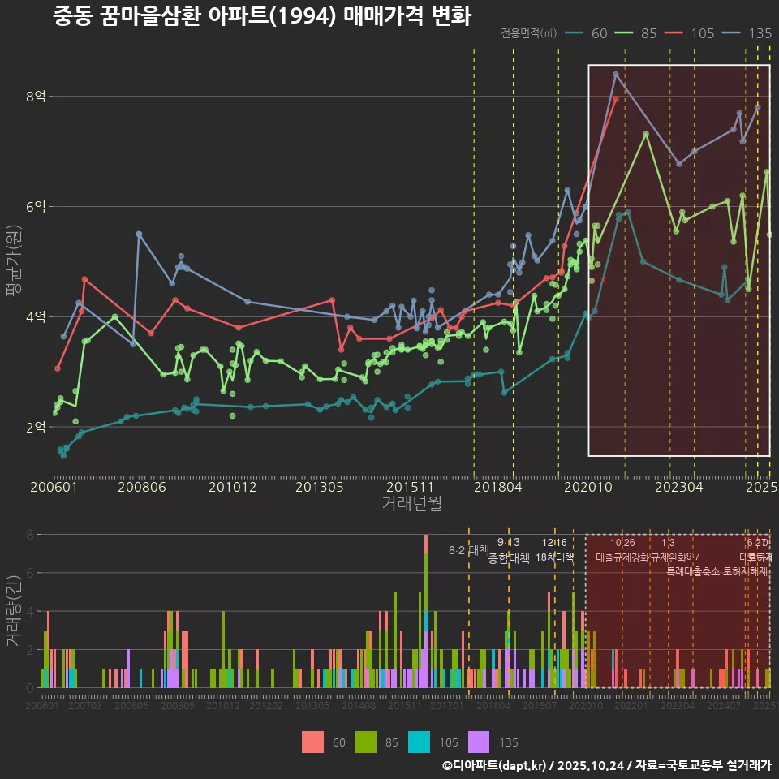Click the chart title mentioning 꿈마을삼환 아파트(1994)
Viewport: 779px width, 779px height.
pyautogui.click(x=262, y=16)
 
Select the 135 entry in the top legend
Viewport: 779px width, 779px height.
pyautogui.click(x=760, y=33)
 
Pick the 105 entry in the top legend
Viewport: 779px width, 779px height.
pyautogui.click(x=702, y=33)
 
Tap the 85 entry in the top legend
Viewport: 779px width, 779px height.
pyautogui.click(x=648, y=33)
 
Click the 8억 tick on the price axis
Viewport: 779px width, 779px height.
pyautogui.click(x=36, y=97)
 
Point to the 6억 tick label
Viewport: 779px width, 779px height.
pyautogui.click(x=36, y=207)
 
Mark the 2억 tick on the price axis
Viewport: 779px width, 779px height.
pyautogui.click(x=36, y=427)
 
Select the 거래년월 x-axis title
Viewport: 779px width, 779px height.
pyautogui.click(x=411, y=504)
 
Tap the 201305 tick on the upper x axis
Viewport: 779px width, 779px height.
pyautogui.click(x=319, y=488)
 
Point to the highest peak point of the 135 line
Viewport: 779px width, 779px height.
pyautogui.click(x=616, y=74)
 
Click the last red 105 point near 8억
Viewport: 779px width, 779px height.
pyautogui.click(x=616, y=99)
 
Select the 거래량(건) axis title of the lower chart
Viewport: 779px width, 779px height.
pyautogui.click(x=14, y=611)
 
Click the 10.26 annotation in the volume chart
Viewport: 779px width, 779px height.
pyautogui.click(x=622, y=543)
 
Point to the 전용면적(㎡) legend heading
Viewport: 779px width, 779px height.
pyautogui.click(x=528, y=33)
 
